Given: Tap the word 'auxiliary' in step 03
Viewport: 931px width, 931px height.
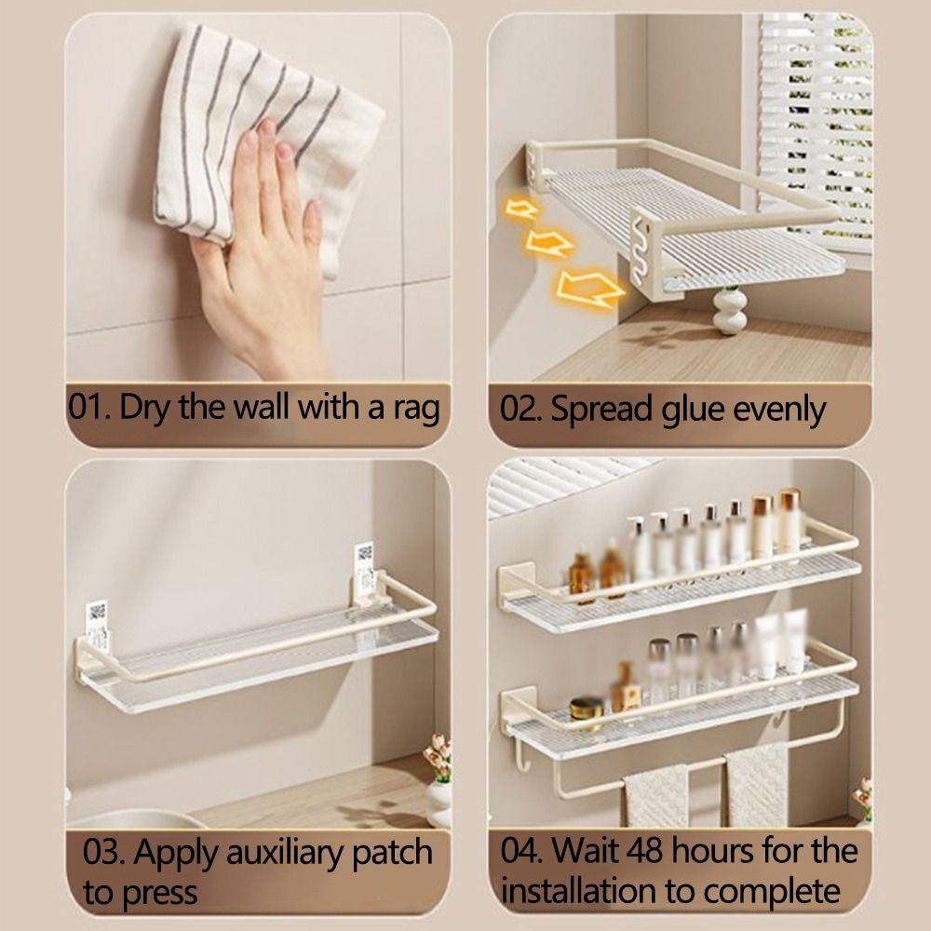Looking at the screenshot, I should pos(271,852).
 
